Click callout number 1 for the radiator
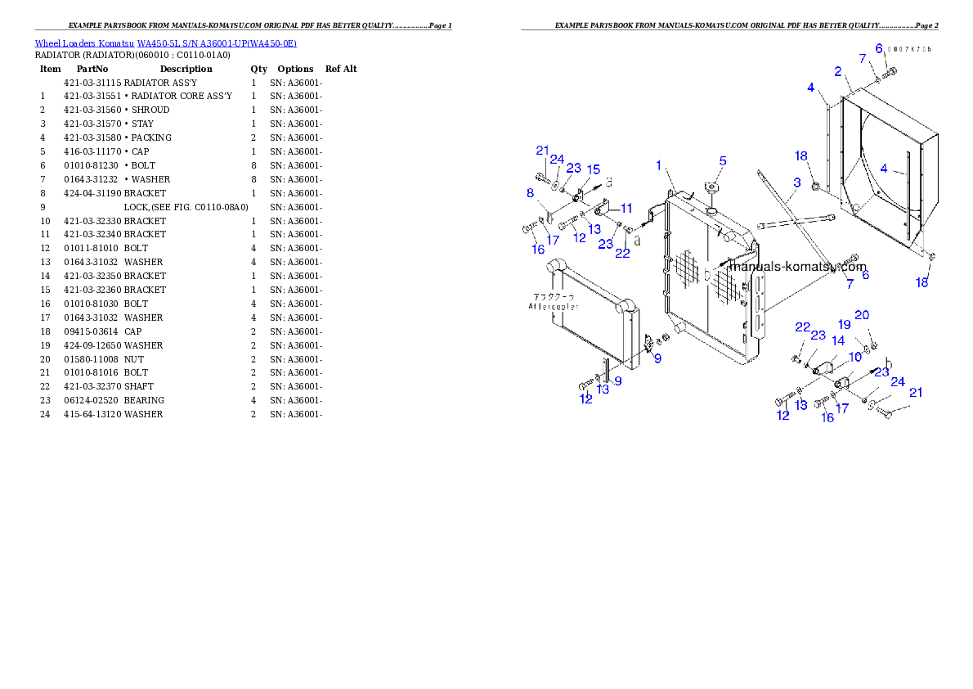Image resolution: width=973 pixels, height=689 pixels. [658, 165]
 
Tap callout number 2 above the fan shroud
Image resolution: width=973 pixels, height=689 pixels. [838, 72]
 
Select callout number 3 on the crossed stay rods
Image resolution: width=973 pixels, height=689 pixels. [796, 182]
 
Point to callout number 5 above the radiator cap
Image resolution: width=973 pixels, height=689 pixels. [723, 160]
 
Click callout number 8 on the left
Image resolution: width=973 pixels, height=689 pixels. [531, 193]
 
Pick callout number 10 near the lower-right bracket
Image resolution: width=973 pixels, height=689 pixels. [855, 357]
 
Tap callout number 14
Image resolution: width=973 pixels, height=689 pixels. [838, 340]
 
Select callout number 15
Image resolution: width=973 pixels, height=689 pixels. [593, 169]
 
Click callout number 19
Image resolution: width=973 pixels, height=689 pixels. [844, 324]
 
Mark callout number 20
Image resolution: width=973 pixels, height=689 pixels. [862, 315]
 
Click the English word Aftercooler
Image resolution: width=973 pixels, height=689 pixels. [554, 306]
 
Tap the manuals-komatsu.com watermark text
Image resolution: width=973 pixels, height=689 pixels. [797, 267]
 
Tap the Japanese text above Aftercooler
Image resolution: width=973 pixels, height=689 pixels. [554, 296]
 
